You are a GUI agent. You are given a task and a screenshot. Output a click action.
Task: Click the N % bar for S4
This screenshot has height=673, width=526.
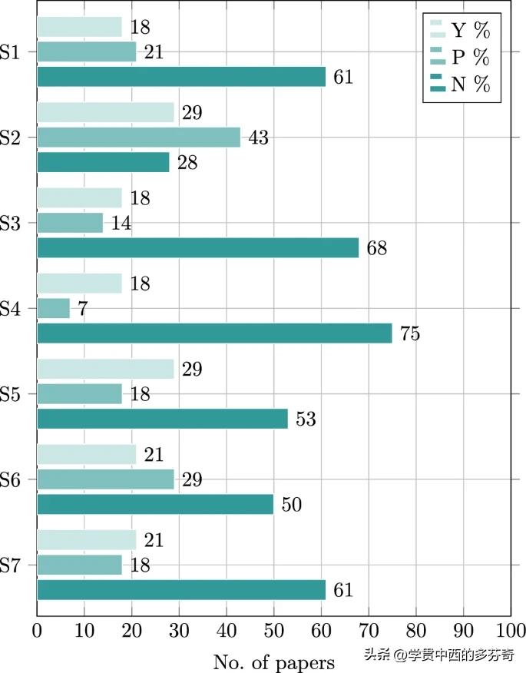click(214, 333)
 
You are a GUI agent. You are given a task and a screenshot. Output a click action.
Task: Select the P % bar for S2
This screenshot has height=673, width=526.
click(138, 138)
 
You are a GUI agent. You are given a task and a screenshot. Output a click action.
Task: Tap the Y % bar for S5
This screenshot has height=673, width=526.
click(105, 369)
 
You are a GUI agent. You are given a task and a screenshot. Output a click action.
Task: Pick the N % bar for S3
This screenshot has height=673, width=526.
click(197, 248)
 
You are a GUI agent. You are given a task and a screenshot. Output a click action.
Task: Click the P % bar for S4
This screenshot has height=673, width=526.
click(53, 309)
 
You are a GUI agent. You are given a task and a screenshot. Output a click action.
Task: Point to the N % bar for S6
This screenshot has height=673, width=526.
click(155, 504)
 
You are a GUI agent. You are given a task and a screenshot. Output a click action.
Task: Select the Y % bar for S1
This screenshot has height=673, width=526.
click(79, 28)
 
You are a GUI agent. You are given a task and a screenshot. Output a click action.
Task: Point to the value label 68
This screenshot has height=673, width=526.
click(376, 248)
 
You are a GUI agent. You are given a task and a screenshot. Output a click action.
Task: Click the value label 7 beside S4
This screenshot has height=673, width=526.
click(83, 309)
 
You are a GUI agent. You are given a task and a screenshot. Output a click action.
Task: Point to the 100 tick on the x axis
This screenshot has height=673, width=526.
click(510, 632)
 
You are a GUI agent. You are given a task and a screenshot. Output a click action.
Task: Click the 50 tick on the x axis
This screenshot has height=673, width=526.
click(273, 632)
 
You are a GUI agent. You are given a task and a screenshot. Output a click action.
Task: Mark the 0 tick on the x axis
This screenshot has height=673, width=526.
click(37, 632)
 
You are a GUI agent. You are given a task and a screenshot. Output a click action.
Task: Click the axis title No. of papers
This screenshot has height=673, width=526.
click(273, 661)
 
